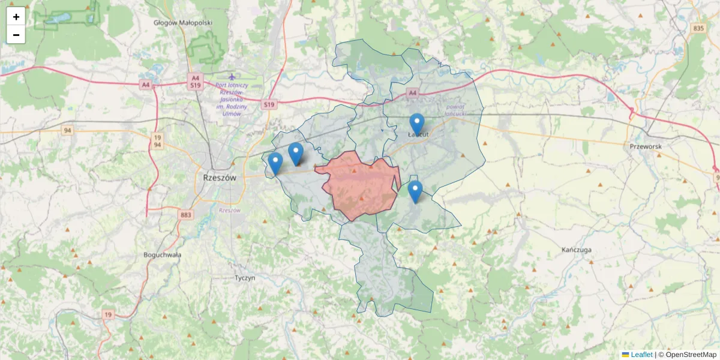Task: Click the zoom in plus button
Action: pyautogui.click(x=16, y=17)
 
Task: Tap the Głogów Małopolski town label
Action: pyautogui.click(x=183, y=23)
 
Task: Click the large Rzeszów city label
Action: pyautogui.click(x=220, y=178)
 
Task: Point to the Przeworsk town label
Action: pyautogui.click(x=645, y=146)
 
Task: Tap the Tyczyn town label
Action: pyautogui.click(x=245, y=278)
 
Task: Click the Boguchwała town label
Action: pyautogui.click(x=163, y=254)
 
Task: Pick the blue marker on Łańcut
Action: pyautogui.click(x=416, y=124)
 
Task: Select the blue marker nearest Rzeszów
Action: pyautogui.click(x=275, y=163)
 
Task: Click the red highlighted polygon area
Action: pyautogui.click(x=360, y=186)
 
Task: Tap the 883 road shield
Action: pyautogui.click(x=185, y=214)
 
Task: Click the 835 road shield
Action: pyautogui.click(x=698, y=28)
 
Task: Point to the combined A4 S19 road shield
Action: pyautogui.click(x=196, y=82)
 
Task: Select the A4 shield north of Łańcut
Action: pyautogui.click(x=412, y=93)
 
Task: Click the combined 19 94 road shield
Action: pyautogui.click(x=157, y=141)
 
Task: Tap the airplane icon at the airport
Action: pyautogui.click(x=232, y=77)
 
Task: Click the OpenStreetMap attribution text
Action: pyautogui.click(x=691, y=355)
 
